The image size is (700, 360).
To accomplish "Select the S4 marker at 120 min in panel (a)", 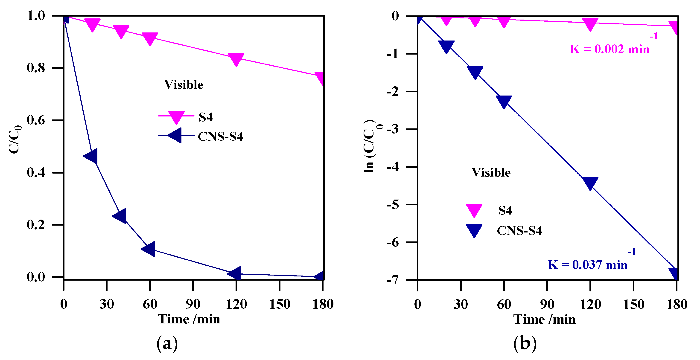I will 236,59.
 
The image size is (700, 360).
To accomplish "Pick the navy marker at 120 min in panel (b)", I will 590,183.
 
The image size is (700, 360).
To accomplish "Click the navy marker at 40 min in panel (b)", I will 475,72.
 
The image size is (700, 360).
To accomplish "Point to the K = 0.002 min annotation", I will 610,49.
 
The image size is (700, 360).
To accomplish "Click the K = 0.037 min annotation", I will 587,265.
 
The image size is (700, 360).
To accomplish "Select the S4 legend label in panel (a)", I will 205,117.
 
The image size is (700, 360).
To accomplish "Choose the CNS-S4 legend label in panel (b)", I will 519,231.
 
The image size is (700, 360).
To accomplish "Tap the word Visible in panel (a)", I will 184,85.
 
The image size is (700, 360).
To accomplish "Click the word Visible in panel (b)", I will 491,173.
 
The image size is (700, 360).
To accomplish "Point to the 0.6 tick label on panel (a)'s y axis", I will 36,120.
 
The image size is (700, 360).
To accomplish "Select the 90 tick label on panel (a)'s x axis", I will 193,304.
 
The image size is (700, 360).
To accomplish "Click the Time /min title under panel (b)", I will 544,319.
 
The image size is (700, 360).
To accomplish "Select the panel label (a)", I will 167,344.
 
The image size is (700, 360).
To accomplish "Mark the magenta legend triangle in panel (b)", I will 474,210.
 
